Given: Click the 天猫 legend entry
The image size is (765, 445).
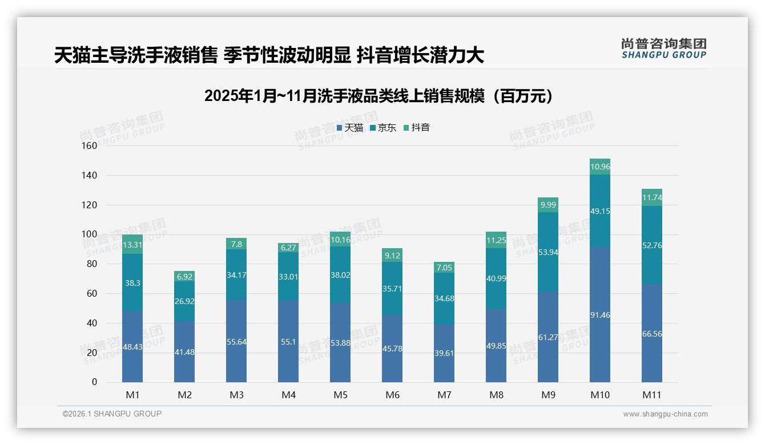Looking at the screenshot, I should pos(350,128).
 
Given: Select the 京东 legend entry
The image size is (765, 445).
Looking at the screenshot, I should pos(383,128).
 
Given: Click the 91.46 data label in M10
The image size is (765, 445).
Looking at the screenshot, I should pos(600,315).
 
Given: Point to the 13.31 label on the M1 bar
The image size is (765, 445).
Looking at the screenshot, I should pos(132,245).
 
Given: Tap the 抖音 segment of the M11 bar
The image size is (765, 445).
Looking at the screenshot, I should pos(652,197).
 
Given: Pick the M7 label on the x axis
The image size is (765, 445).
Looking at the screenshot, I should pos(444,395).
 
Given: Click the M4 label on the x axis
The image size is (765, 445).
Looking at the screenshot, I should pos(288,395).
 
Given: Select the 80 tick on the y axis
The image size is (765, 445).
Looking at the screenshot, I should pos(90,264).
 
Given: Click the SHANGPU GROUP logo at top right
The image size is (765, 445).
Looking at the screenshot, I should pos(663,48).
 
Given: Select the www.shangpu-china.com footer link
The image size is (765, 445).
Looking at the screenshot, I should pos(665,414).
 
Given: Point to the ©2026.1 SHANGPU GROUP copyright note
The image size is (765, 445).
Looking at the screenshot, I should pos(112,414).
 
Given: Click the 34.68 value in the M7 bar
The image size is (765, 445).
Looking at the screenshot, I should pos(444,298).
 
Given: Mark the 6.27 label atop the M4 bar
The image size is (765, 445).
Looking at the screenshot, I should pos(288,248).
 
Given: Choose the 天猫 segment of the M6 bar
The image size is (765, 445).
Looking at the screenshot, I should pos(392,349).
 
